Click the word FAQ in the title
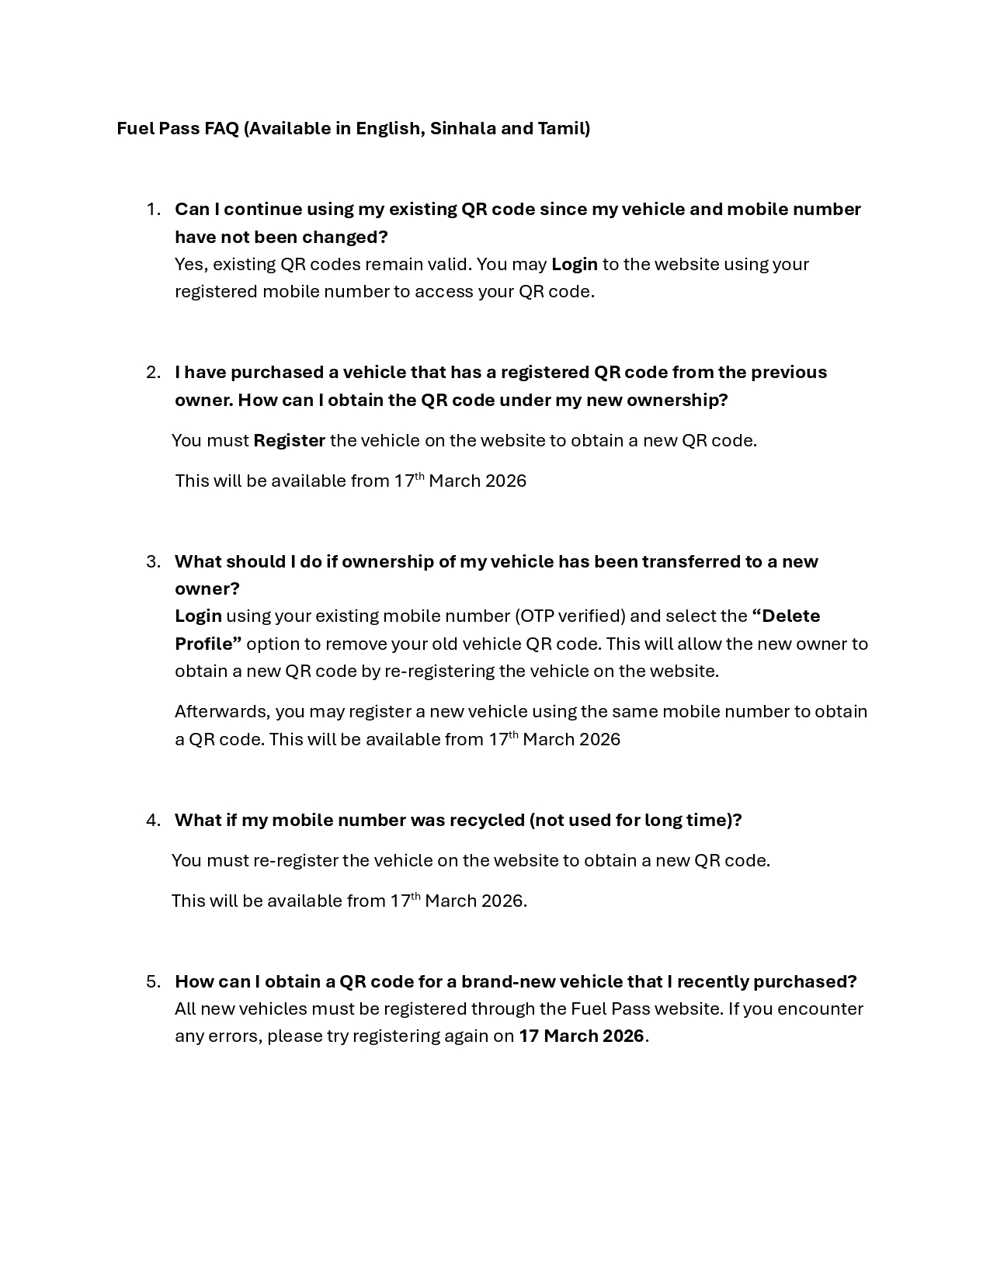click(x=221, y=128)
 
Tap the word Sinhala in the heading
click(x=463, y=128)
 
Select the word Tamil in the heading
click(x=564, y=128)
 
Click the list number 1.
click(x=153, y=210)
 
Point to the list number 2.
click(x=153, y=373)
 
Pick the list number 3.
click(x=153, y=561)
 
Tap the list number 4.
click(x=153, y=821)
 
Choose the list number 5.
click(x=153, y=981)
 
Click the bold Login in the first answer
click(x=575, y=264)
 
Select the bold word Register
click(x=289, y=441)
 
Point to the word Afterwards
click(x=222, y=712)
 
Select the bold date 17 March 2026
click(x=582, y=1036)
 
